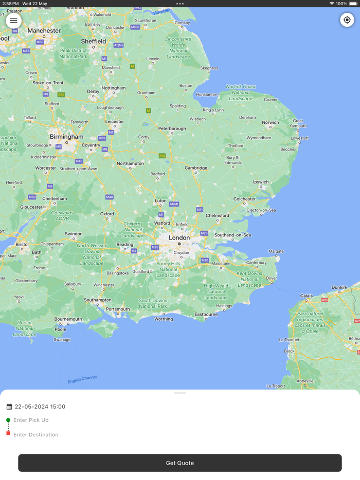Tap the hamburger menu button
pos(14,21)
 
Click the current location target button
pos(347,20)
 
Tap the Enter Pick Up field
pos(31,420)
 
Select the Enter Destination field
pos(36,435)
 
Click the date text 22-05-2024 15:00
pos(40,407)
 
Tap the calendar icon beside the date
pos(9,407)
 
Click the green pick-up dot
pos(8,420)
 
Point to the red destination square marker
pos(8,433)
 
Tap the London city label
pos(179,238)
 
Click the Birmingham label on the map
pos(66,137)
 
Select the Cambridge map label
pos(196,168)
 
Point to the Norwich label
pos(271,122)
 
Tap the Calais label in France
pos(307,296)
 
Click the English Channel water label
pos(82,379)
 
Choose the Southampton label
pos(98,300)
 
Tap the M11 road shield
pos(200,210)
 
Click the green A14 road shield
pos(162,156)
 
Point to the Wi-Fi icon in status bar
pos(332,4)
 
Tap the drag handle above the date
pos(180,393)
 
